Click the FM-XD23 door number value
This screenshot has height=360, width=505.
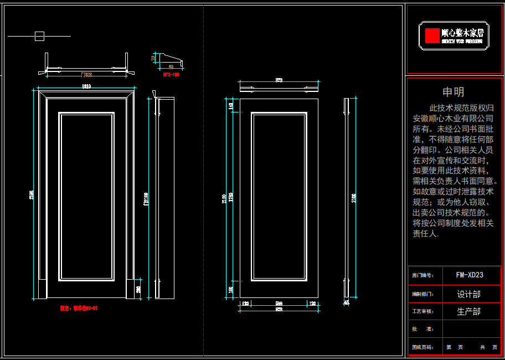pos(470,275)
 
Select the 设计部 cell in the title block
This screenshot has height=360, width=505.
pos(468,294)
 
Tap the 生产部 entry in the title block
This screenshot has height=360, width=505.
pos(468,312)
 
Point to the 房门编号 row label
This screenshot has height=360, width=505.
pos(422,275)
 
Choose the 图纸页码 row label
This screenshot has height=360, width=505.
pos(422,348)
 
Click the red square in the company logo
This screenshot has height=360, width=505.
pos(432,35)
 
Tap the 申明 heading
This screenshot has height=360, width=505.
pos(453,92)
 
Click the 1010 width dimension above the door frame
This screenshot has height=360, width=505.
pos(86,86)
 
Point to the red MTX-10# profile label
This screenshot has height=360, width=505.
pos(171,74)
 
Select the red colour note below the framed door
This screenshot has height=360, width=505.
pos(79,308)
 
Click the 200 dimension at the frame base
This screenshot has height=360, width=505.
pos(138,289)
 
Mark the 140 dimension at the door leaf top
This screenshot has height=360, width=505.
pos(230,106)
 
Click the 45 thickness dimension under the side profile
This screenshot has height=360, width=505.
pos(346,303)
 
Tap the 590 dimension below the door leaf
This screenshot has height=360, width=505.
pos(280,303)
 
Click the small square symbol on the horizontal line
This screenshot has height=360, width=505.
pos(39,37)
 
